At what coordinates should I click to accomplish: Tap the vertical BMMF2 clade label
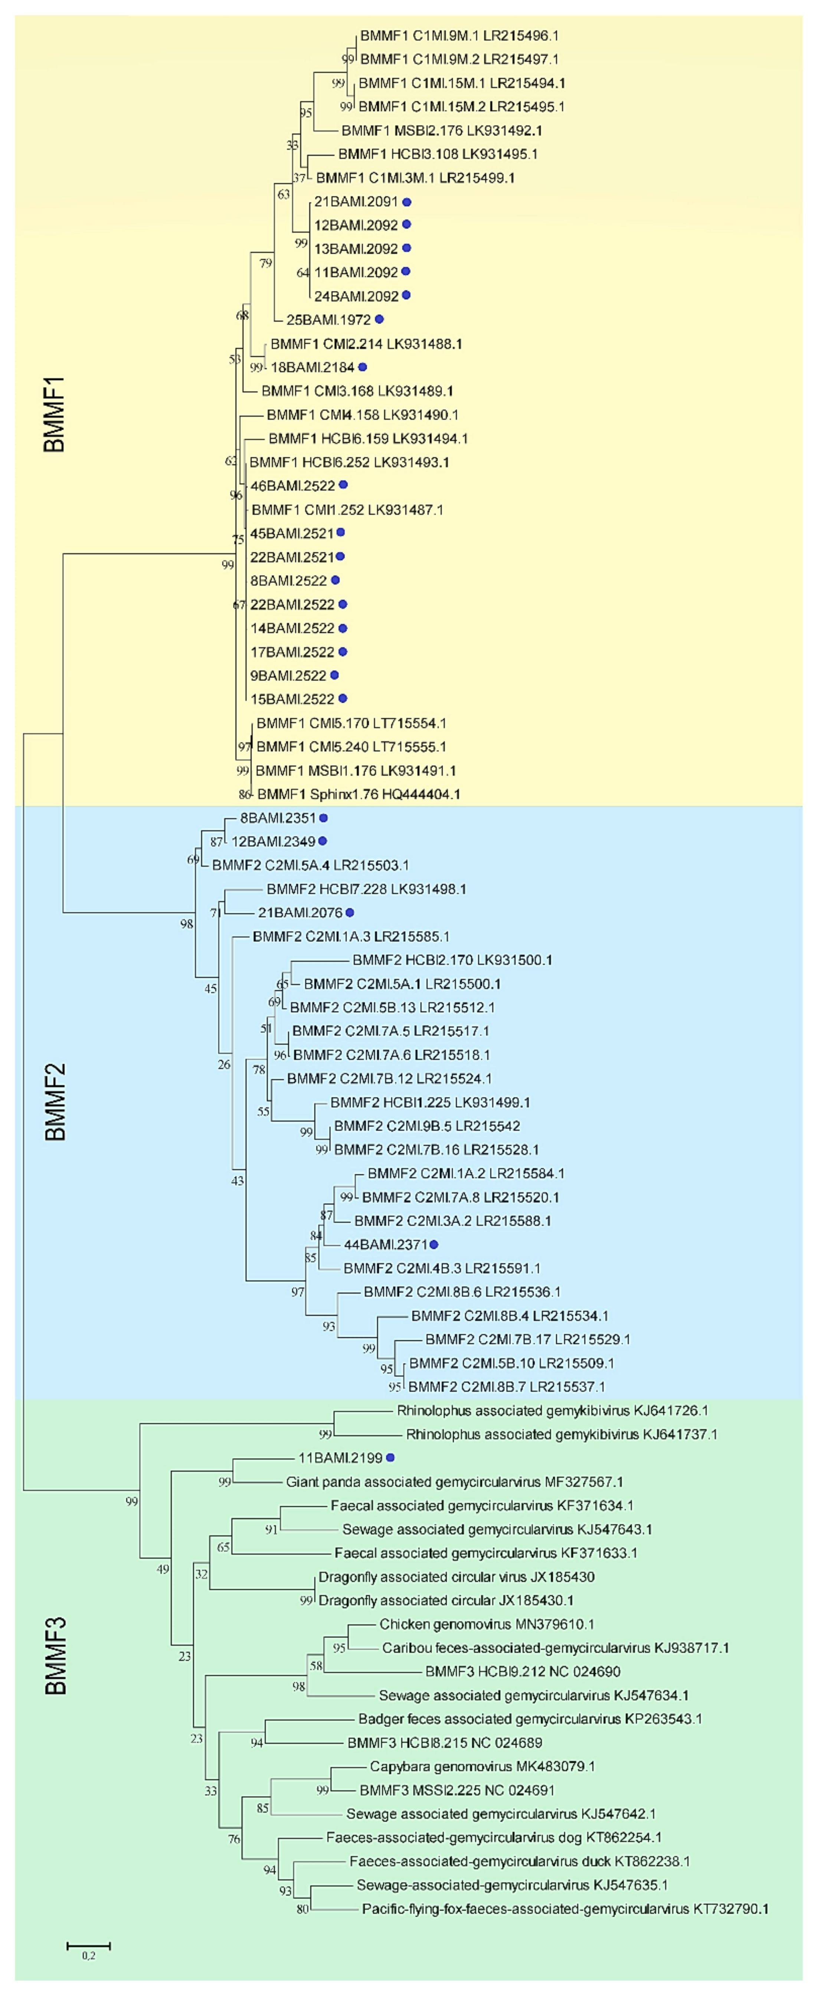[x=54, y=1101]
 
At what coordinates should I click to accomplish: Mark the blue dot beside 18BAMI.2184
[x=362, y=367]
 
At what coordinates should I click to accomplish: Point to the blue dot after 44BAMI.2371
[x=433, y=1244]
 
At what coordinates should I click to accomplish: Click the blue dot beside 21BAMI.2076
[x=350, y=912]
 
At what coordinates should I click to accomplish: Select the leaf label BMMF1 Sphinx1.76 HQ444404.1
[x=358, y=793]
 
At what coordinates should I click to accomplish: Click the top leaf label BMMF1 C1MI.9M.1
[x=459, y=36]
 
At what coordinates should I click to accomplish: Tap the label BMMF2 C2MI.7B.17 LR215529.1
[x=527, y=1339]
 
